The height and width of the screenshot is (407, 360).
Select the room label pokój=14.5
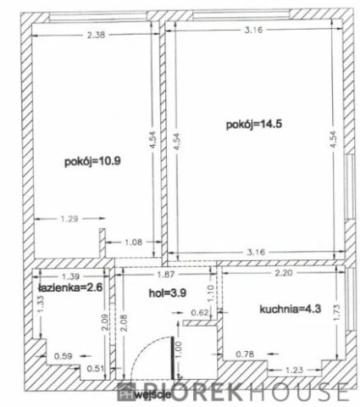pos(248,124)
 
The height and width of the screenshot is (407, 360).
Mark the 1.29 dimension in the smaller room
pos(71,220)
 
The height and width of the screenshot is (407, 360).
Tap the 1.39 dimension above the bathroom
pos(71,277)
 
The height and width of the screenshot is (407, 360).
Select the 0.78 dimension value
pos(246,354)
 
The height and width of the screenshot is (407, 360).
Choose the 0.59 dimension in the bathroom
pos(63,356)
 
